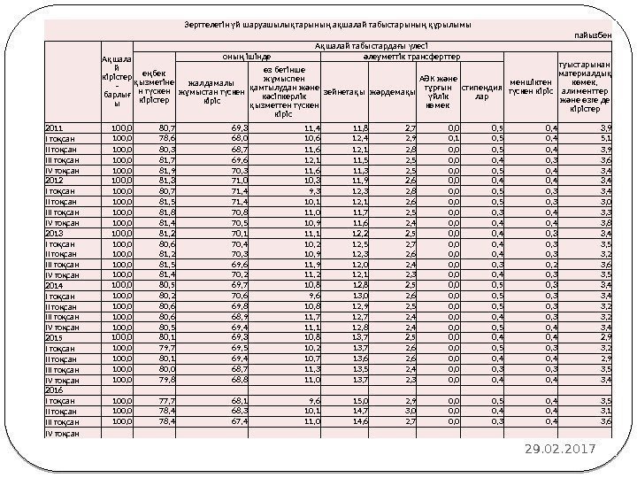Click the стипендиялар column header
(482, 90)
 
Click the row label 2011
(55, 128)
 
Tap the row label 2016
(55, 389)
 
